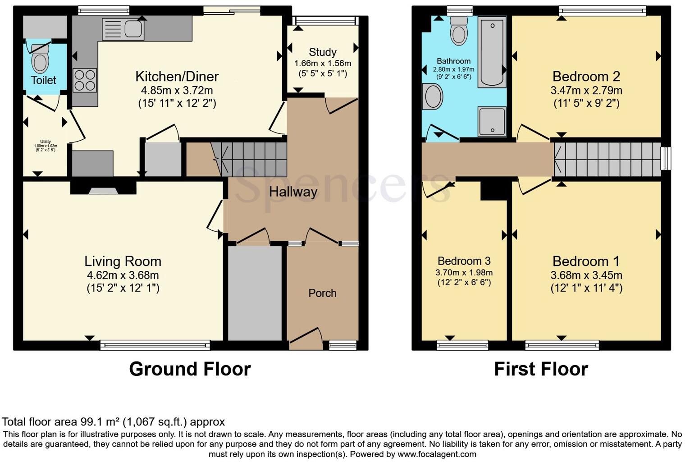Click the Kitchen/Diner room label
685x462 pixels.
(177, 76)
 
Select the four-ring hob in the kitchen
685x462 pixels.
(85, 80)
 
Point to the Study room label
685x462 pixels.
(323, 52)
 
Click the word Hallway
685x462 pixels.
(293, 192)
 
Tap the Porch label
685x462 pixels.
(322, 293)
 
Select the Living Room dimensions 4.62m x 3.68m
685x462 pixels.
(123, 275)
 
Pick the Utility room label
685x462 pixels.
(46, 142)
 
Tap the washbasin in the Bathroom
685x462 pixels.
(433, 97)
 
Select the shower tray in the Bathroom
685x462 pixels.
(492, 121)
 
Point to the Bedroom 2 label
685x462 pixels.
(586, 76)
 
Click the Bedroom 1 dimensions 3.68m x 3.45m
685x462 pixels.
(586, 275)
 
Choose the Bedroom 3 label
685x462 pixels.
(464, 261)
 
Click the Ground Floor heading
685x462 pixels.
(190, 369)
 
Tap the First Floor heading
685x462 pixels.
(541, 369)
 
